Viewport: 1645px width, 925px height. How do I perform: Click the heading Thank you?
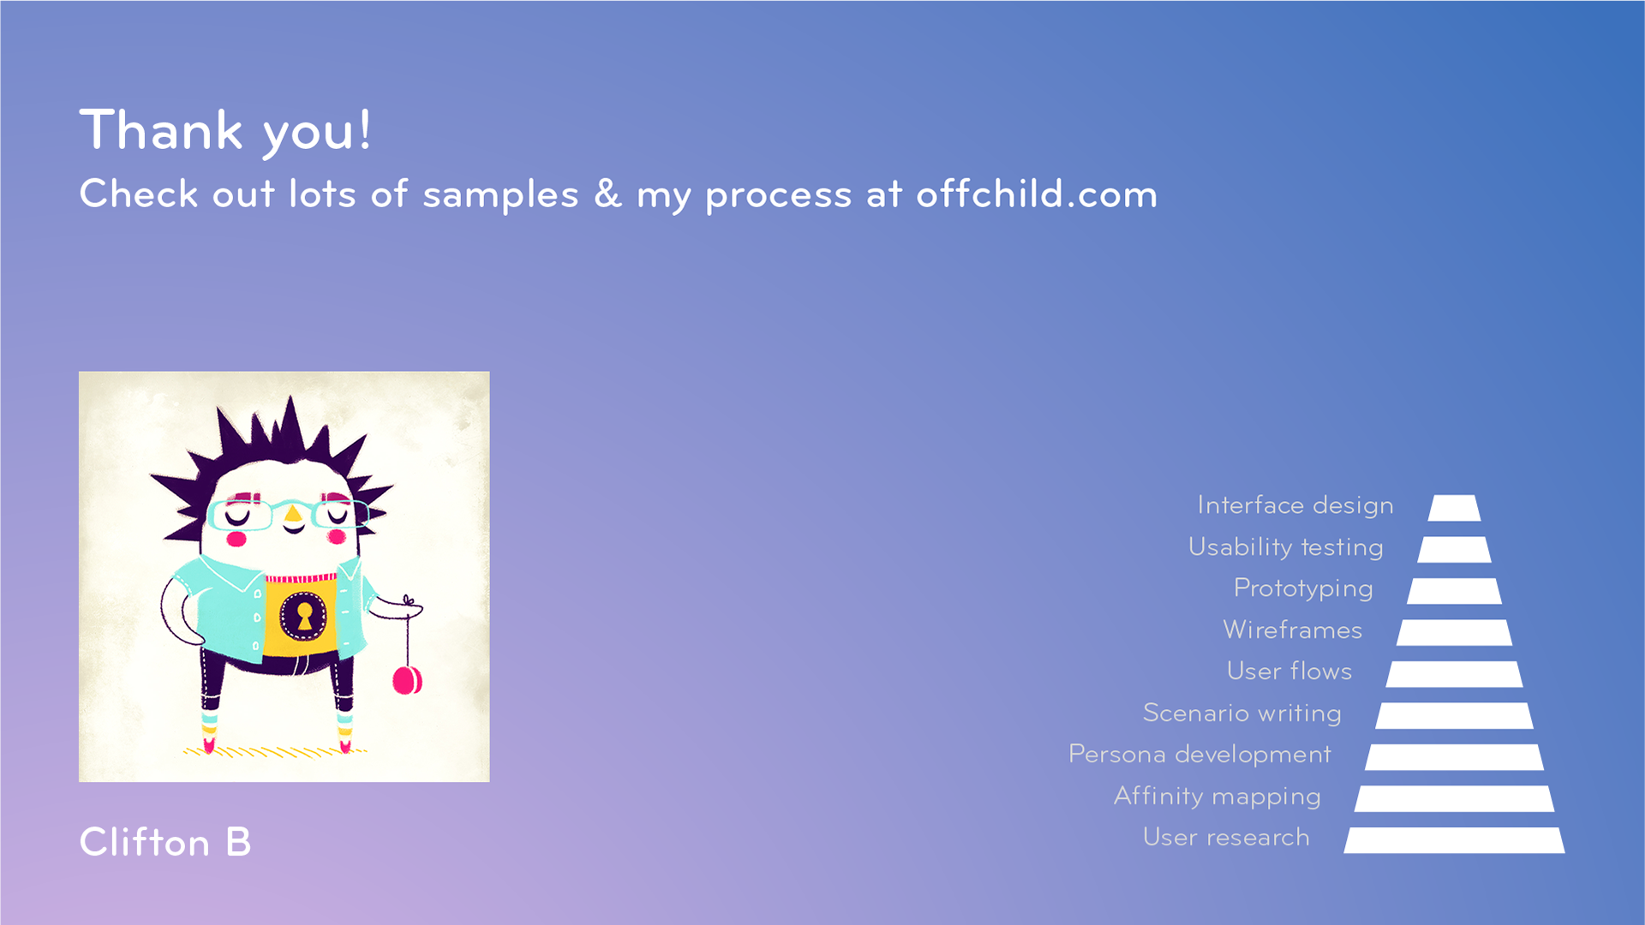[x=225, y=131]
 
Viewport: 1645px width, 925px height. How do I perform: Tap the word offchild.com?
[x=1037, y=194]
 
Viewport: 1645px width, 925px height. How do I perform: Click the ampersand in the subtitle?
[x=607, y=194]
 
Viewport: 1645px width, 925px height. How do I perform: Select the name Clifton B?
[x=165, y=842]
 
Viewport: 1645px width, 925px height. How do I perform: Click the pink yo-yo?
[x=407, y=680]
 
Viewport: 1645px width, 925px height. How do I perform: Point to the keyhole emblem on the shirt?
[x=303, y=614]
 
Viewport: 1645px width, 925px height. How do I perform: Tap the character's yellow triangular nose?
[x=293, y=514]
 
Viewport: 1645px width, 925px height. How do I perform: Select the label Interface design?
[x=1295, y=505]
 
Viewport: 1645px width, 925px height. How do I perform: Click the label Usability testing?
[x=1286, y=547]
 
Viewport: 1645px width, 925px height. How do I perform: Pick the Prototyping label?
[x=1303, y=588]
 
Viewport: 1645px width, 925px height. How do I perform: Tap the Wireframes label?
[x=1293, y=630]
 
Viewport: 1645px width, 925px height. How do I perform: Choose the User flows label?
[x=1289, y=671]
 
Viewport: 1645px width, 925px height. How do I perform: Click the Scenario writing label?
[x=1242, y=713]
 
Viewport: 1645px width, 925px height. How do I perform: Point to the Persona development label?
[x=1199, y=755]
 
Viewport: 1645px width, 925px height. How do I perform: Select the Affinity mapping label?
[x=1217, y=797]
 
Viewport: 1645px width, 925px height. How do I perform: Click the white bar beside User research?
[x=1454, y=840]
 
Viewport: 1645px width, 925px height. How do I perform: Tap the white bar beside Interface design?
[x=1454, y=508]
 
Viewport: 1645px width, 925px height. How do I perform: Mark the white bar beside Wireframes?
[x=1454, y=633]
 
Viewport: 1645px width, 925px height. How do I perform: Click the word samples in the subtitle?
[x=501, y=195]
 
